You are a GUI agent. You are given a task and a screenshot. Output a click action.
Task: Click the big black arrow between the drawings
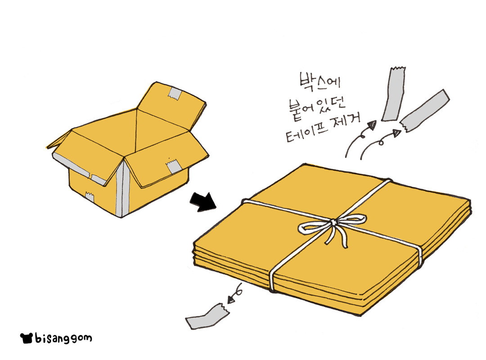(203, 202)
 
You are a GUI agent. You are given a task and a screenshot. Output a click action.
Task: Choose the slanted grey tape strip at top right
(425, 111)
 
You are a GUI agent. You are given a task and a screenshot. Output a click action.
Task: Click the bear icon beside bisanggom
(27, 337)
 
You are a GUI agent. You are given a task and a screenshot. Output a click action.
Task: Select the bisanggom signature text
(63, 337)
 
